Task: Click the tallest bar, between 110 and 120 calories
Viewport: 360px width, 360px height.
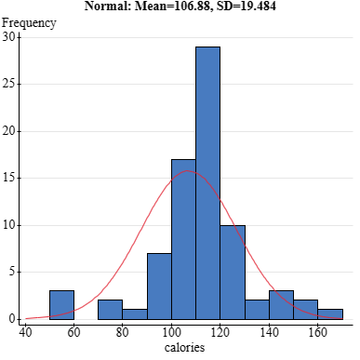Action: click(x=207, y=182)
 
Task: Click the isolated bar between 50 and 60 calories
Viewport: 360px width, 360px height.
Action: click(x=61, y=304)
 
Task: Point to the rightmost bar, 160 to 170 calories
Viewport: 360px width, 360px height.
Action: click(x=330, y=313)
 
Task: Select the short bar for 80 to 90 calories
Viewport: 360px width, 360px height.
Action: click(x=135, y=313)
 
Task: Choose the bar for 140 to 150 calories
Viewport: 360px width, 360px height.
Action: click(x=281, y=304)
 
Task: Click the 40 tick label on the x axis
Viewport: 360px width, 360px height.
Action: click(x=25, y=331)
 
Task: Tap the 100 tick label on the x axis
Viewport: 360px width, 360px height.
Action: click(x=171, y=331)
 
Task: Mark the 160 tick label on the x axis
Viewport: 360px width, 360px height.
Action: click(x=317, y=331)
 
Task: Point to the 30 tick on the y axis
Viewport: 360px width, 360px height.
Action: click(x=9, y=37)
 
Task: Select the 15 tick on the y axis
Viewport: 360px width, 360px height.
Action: click(x=9, y=178)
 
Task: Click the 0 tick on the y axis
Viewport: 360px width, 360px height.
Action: click(x=12, y=318)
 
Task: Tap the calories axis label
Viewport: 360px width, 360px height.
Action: click(x=183, y=349)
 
